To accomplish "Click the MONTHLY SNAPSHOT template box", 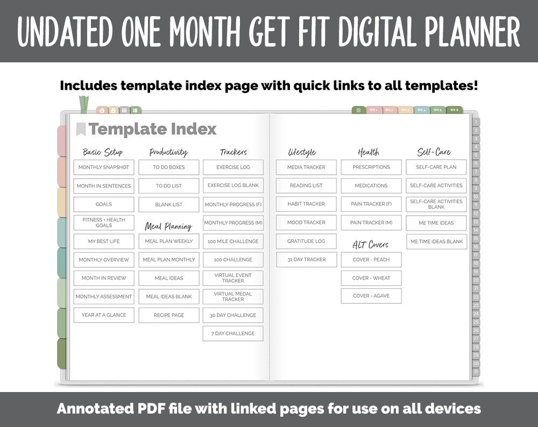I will pyautogui.click(x=104, y=167).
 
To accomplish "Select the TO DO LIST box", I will pyautogui.click(x=168, y=186).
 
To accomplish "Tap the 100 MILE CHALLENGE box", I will pyautogui.click(x=233, y=241).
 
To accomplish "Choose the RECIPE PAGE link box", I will pyautogui.click(x=168, y=315).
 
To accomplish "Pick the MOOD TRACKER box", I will pyautogui.click(x=306, y=223).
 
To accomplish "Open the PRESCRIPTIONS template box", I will pyautogui.click(x=371, y=167).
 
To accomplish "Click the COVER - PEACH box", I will pyautogui.click(x=371, y=260).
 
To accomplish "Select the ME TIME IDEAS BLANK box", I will pyautogui.click(x=436, y=241).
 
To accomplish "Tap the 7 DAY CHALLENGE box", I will pyautogui.click(x=233, y=333).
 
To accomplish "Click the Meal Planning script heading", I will pyautogui.click(x=168, y=226).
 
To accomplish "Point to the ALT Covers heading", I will pyautogui.click(x=371, y=245).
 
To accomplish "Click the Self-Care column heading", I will pyautogui.click(x=434, y=152).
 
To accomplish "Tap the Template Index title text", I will pyautogui.click(x=152, y=129).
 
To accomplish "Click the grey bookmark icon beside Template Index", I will pyautogui.click(x=81, y=129).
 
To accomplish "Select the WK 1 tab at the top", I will pyautogui.click(x=373, y=110).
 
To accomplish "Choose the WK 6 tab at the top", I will pyautogui.click(x=454, y=110).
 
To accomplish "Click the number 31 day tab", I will pyautogui.click(x=476, y=372).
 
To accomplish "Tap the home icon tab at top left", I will pyautogui.click(x=102, y=110).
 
